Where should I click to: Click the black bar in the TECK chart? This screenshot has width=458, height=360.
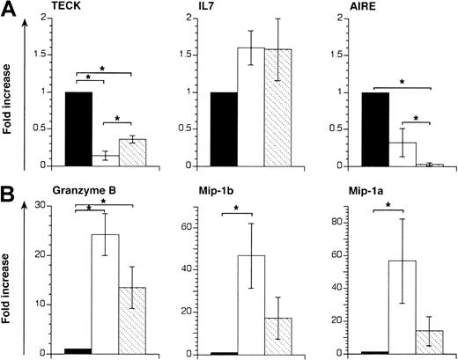[x=78, y=129]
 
